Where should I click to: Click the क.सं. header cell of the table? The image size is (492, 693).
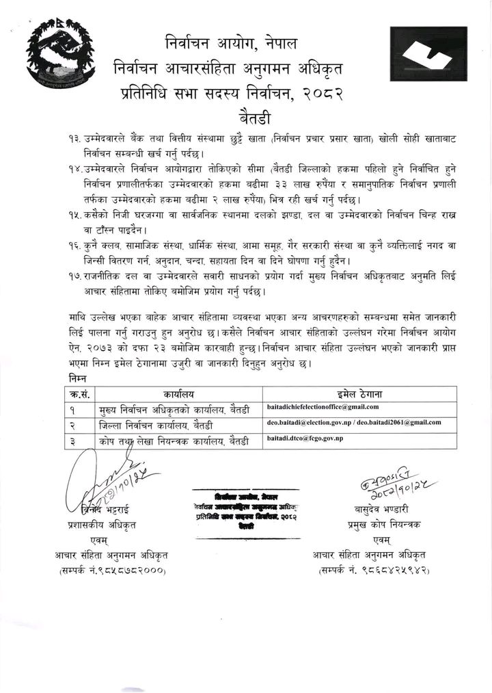(x=72, y=395)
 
